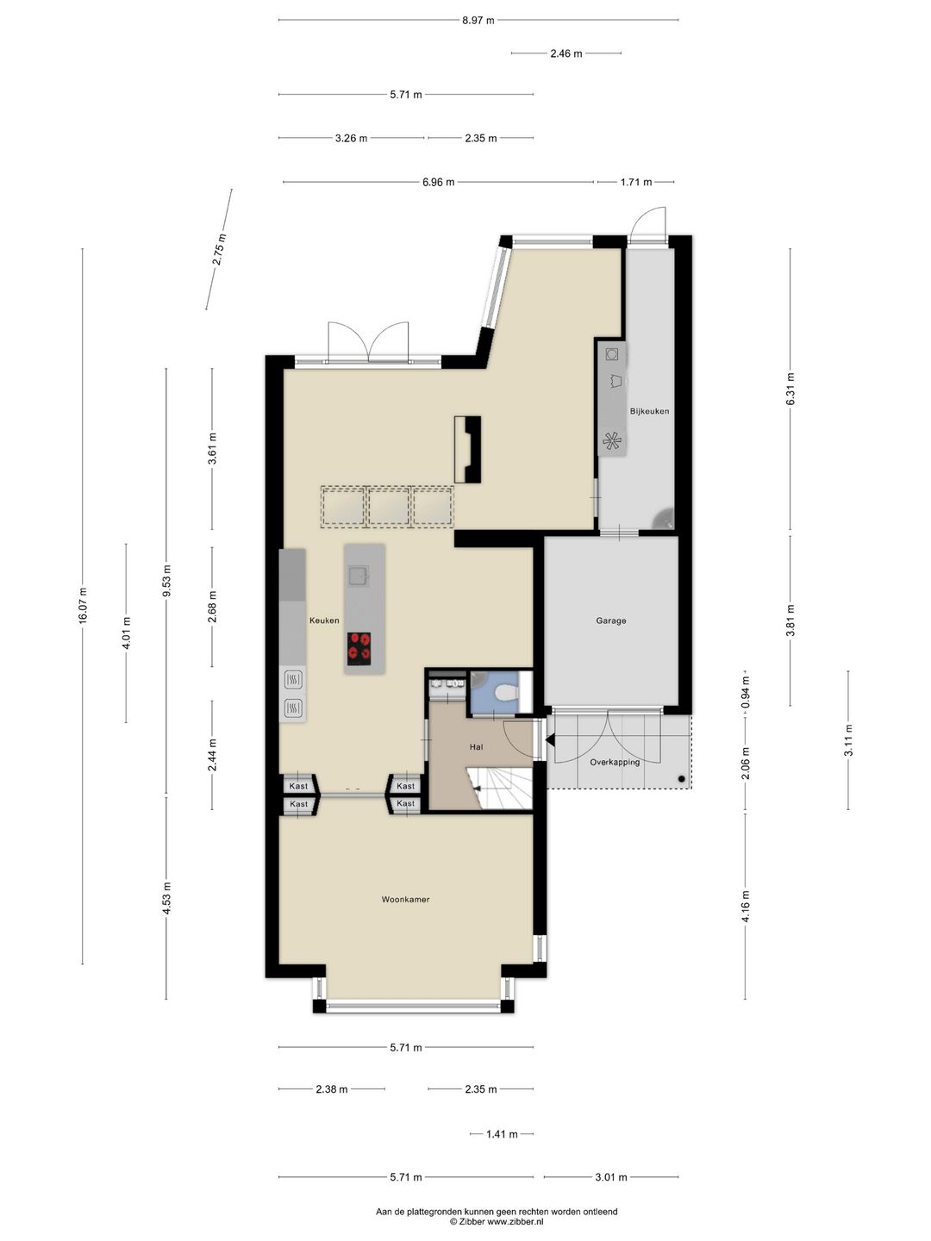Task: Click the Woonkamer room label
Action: point(405,900)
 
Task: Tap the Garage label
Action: point(611,620)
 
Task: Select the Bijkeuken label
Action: point(649,411)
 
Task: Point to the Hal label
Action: point(476,747)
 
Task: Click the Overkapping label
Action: point(615,762)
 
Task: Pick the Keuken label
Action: point(324,620)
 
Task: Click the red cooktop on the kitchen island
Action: point(359,648)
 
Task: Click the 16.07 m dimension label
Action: point(83,606)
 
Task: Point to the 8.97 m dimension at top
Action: point(478,21)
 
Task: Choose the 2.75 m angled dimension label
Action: point(219,249)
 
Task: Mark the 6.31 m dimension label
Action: point(790,389)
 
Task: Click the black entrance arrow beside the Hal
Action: point(551,739)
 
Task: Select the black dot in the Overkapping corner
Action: point(682,779)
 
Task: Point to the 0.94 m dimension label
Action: point(746,693)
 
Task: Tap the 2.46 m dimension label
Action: point(566,53)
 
